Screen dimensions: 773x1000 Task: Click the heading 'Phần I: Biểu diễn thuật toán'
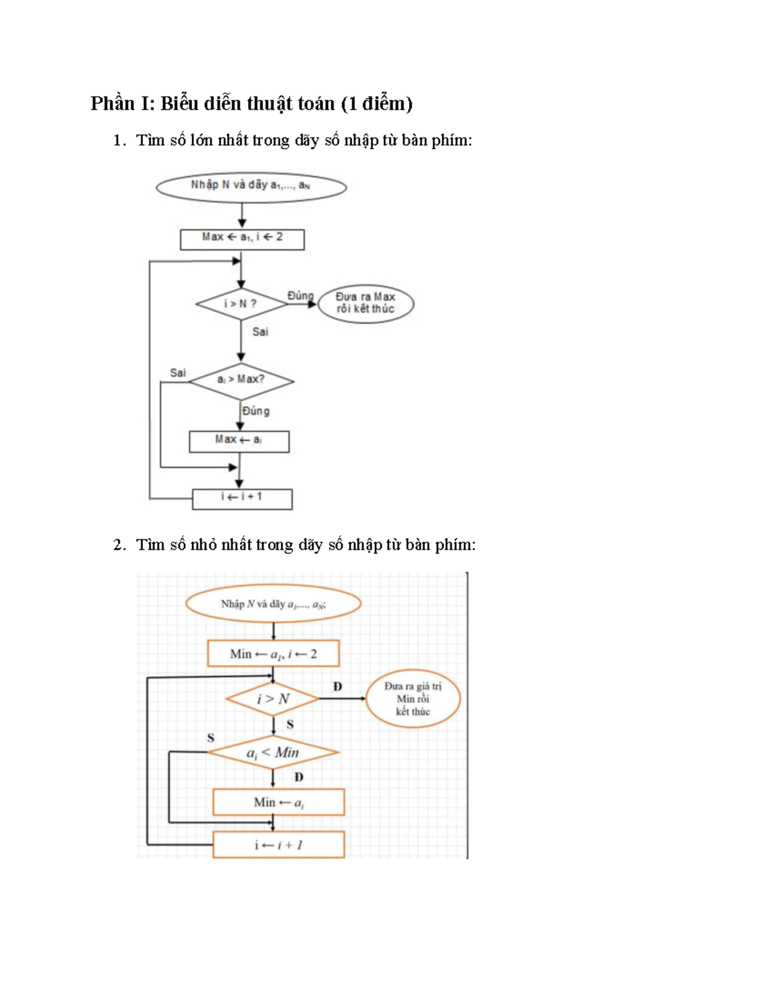coord(214,104)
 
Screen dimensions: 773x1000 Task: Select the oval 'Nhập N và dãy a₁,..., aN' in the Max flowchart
coord(251,187)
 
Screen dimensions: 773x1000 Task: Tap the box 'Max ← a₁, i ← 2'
coord(242,240)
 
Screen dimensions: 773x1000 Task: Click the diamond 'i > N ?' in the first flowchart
coord(242,304)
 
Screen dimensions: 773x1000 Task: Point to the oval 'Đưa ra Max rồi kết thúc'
coord(365,304)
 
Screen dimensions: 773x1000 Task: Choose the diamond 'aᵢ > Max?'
coord(242,381)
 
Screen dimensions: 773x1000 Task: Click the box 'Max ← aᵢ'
coord(240,441)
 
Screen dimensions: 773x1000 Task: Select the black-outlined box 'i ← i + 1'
coord(242,499)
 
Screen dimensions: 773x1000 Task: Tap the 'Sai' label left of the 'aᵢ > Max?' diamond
coord(178,372)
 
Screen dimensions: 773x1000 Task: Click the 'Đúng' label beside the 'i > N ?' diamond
coord(300,296)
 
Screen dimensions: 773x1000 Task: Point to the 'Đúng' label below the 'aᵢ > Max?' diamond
coord(256,410)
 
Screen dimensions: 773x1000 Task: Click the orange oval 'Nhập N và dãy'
coord(274,603)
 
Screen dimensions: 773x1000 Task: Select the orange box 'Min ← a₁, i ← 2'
coord(274,654)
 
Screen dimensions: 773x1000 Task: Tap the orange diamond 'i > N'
coord(272,699)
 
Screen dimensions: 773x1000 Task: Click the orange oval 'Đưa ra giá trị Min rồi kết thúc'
coord(413,699)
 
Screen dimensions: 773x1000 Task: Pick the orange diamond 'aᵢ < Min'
coord(273,753)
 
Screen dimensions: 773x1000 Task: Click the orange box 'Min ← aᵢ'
coord(278,802)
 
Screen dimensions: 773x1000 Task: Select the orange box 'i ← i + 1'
coord(278,845)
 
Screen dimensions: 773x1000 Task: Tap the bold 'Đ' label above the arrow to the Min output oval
coord(338,686)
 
